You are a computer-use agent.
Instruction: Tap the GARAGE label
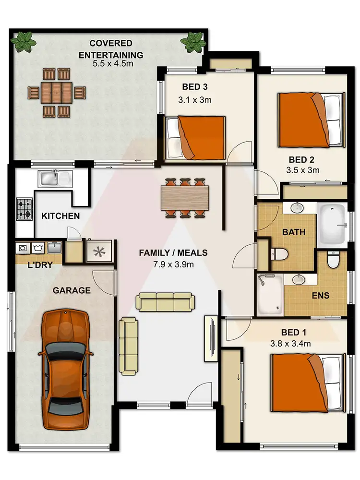[72, 290]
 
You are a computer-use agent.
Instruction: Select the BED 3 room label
[194, 87]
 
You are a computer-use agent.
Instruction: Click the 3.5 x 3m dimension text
[303, 169]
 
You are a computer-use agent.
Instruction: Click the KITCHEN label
[60, 216]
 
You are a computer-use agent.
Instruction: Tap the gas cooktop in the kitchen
[24, 209]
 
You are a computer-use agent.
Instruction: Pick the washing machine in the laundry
[38, 248]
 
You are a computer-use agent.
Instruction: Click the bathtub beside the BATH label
[332, 223]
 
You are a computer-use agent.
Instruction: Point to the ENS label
[321, 295]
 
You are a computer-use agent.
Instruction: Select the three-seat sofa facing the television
[166, 301]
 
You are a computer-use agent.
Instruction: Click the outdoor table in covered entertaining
[57, 93]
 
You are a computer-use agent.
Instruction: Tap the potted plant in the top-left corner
[23, 42]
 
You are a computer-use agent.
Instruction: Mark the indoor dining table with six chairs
[185, 197]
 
